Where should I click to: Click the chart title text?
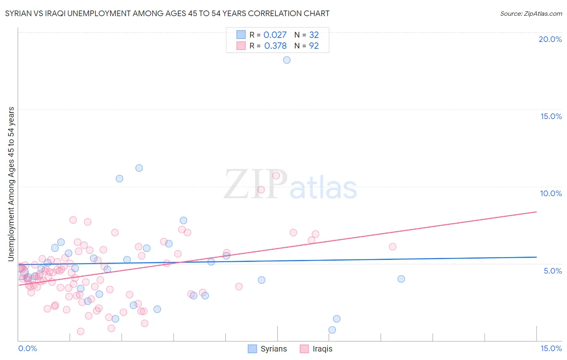[x=167, y=14]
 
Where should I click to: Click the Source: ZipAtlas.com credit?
[x=531, y=14]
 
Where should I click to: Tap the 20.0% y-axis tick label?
[x=550, y=39]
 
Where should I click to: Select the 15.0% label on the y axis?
[x=551, y=116]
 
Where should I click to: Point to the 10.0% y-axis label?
[x=551, y=193]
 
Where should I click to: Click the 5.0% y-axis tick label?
[x=552, y=271]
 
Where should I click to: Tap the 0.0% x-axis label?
[x=27, y=348]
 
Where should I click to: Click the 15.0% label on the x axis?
[x=551, y=348]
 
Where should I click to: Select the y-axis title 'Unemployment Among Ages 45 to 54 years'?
[x=11, y=184]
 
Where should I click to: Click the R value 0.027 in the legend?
[x=275, y=35]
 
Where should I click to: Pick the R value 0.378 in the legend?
[x=275, y=46]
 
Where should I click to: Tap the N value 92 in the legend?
[x=314, y=46]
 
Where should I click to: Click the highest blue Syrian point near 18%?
[x=287, y=60]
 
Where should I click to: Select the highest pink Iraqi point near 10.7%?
[x=276, y=175]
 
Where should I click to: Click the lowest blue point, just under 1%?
[x=332, y=330]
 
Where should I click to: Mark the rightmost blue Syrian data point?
[x=401, y=279]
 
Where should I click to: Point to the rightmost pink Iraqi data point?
[x=392, y=247]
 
